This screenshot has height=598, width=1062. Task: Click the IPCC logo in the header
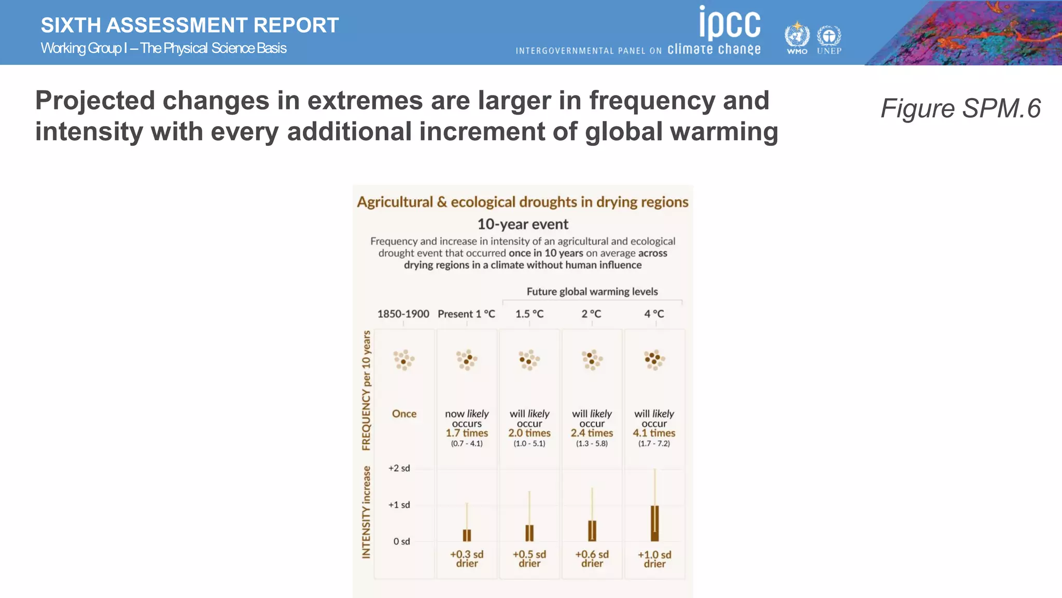click(x=729, y=23)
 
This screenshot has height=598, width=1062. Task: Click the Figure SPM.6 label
click(x=960, y=108)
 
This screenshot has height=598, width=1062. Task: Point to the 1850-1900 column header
click(x=403, y=314)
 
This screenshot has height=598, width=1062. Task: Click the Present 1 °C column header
click(x=466, y=314)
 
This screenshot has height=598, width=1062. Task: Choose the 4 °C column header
click(x=654, y=314)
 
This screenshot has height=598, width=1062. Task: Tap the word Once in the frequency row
click(x=404, y=414)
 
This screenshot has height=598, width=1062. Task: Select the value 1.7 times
click(x=467, y=433)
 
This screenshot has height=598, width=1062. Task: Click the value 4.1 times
click(x=654, y=433)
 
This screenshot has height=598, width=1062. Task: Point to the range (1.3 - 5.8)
click(x=592, y=444)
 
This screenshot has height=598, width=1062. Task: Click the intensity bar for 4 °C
click(x=655, y=523)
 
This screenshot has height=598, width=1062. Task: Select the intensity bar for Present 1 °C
click(x=467, y=535)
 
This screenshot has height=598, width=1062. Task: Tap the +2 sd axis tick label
click(x=399, y=468)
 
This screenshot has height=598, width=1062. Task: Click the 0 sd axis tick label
click(x=401, y=541)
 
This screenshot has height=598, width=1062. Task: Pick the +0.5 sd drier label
click(x=529, y=559)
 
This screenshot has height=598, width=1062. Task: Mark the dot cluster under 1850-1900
click(x=403, y=360)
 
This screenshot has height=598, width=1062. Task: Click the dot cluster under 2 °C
click(x=592, y=360)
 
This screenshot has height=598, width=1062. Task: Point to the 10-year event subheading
click(x=523, y=224)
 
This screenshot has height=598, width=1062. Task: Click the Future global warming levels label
click(x=592, y=292)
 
